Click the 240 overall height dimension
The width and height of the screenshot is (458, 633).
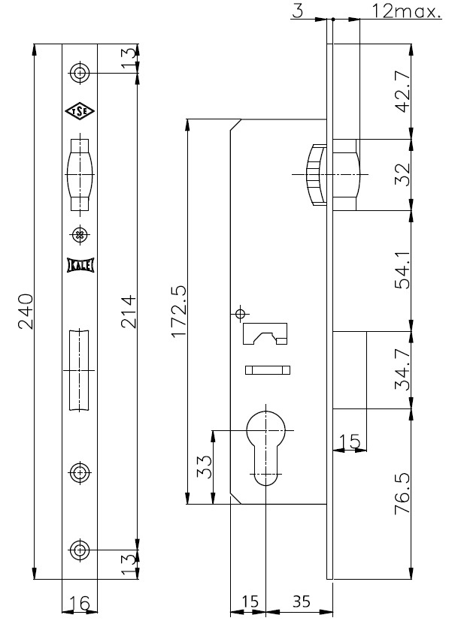tap(26, 312)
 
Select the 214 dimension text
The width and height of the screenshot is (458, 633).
tap(129, 312)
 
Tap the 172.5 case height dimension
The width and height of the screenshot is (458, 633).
tap(178, 312)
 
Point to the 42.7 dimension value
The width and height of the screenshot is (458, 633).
tap(402, 92)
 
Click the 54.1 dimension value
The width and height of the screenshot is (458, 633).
tap(402, 270)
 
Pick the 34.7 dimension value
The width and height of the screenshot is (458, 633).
tap(402, 369)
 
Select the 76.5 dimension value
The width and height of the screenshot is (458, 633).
tap(402, 493)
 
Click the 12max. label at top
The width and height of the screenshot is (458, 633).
tap(406, 11)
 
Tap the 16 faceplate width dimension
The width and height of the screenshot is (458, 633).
tap(79, 603)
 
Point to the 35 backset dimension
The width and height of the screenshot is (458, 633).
tap(301, 601)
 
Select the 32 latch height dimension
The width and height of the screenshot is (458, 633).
tap(402, 174)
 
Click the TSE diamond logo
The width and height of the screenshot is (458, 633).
tap(80, 111)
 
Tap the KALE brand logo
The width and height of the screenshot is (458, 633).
tap(80, 265)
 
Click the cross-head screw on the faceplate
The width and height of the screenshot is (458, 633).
tap(80, 234)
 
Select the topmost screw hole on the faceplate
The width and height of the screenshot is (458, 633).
tap(80, 73)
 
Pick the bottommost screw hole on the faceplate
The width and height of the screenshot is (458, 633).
tap(80, 550)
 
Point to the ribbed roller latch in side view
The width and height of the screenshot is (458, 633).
tap(316, 174)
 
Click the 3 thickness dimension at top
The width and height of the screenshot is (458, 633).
tap(297, 11)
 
